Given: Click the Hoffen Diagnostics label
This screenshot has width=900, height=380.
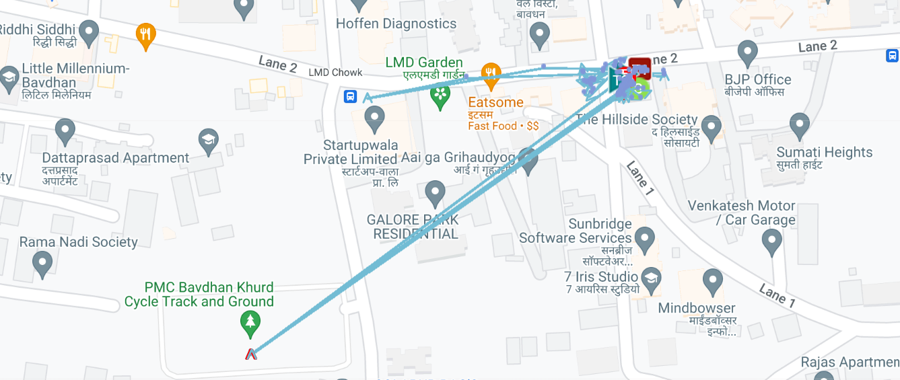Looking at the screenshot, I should pos(396,24).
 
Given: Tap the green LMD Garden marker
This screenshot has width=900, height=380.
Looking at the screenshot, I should pos(440,97).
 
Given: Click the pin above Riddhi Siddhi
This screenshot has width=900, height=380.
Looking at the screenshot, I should pos(89,32).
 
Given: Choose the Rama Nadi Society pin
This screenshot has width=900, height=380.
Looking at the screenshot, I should pos(42,263).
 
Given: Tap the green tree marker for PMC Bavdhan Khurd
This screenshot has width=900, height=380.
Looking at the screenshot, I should pos(250,324).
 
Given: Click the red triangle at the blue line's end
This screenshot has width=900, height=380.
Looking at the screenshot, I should pos(251,354).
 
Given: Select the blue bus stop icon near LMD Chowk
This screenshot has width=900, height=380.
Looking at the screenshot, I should pos(350,97).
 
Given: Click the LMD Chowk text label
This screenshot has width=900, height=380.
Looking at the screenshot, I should pos(335,73).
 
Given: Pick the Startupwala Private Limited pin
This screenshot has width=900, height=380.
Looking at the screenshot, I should pos(374,119).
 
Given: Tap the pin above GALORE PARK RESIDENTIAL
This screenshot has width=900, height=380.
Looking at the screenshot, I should pos(435,192).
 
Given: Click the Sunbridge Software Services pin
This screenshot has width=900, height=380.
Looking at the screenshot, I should pos(645,238).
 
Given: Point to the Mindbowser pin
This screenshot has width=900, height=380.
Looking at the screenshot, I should pos(712,280).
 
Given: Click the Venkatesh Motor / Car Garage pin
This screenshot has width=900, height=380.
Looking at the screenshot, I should pos(771,240).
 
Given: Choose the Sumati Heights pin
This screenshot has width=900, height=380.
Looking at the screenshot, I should pos(799,125).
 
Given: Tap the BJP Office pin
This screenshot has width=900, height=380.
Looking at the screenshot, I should pos(748,52).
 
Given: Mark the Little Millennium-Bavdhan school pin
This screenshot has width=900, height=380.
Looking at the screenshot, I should pos(9,78).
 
